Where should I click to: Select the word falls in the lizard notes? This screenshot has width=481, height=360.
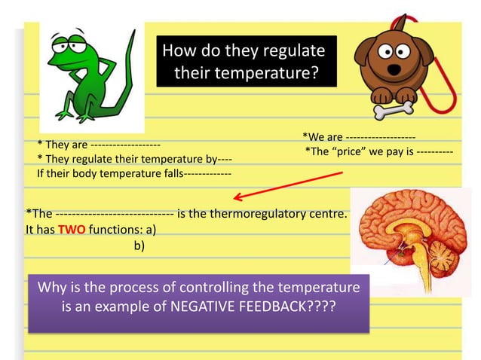tap(169, 173)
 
